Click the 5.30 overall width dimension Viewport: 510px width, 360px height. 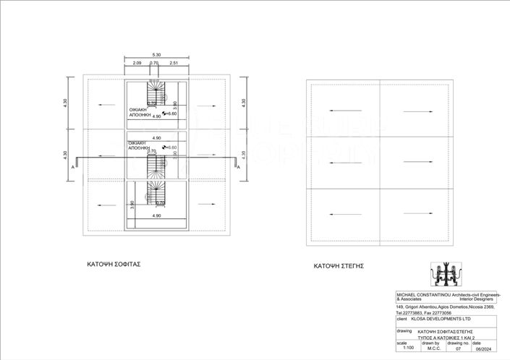click(x=156, y=55)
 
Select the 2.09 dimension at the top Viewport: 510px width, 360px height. click(x=137, y=64)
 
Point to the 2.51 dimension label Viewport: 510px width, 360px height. click(x=174, y=64)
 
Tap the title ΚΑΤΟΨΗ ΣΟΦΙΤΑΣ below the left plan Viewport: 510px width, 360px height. click(x=113, y=265)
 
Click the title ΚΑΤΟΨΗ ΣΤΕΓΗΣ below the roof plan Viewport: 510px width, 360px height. click(x=338, y=266)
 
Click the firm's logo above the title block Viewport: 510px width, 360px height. click(x=445, y=275)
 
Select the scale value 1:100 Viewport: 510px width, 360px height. click(x=407, y=348)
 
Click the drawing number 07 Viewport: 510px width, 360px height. click(x=457, y=348)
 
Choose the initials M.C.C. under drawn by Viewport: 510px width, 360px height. click(x=433, y=348)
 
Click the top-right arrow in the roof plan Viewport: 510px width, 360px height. click(x=417, y=111)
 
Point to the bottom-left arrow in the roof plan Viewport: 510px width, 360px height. click(x=341, y=214)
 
